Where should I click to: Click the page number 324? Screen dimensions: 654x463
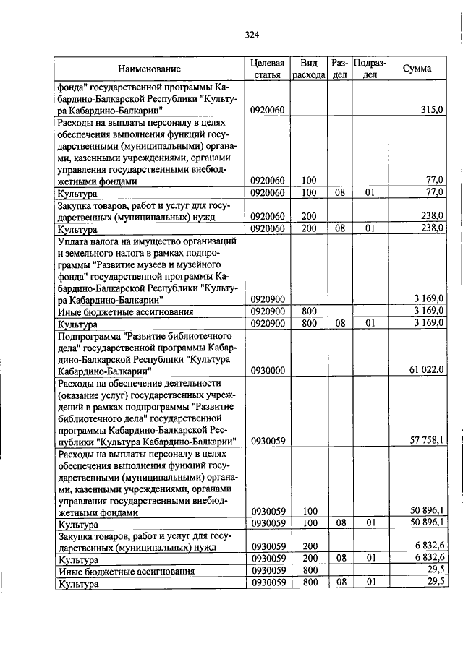pyautogui.click(x=251, y=34)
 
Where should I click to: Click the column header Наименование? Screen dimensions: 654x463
pyautogui.click(x=150, y=69)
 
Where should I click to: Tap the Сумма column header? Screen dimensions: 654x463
pyautogui.click(x=417, y=69)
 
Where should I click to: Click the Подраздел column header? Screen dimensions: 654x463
pyautogui.click(x=370, y=69)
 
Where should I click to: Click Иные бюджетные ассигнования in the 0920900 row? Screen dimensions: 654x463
pyautogui.click(x=126, y=311)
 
